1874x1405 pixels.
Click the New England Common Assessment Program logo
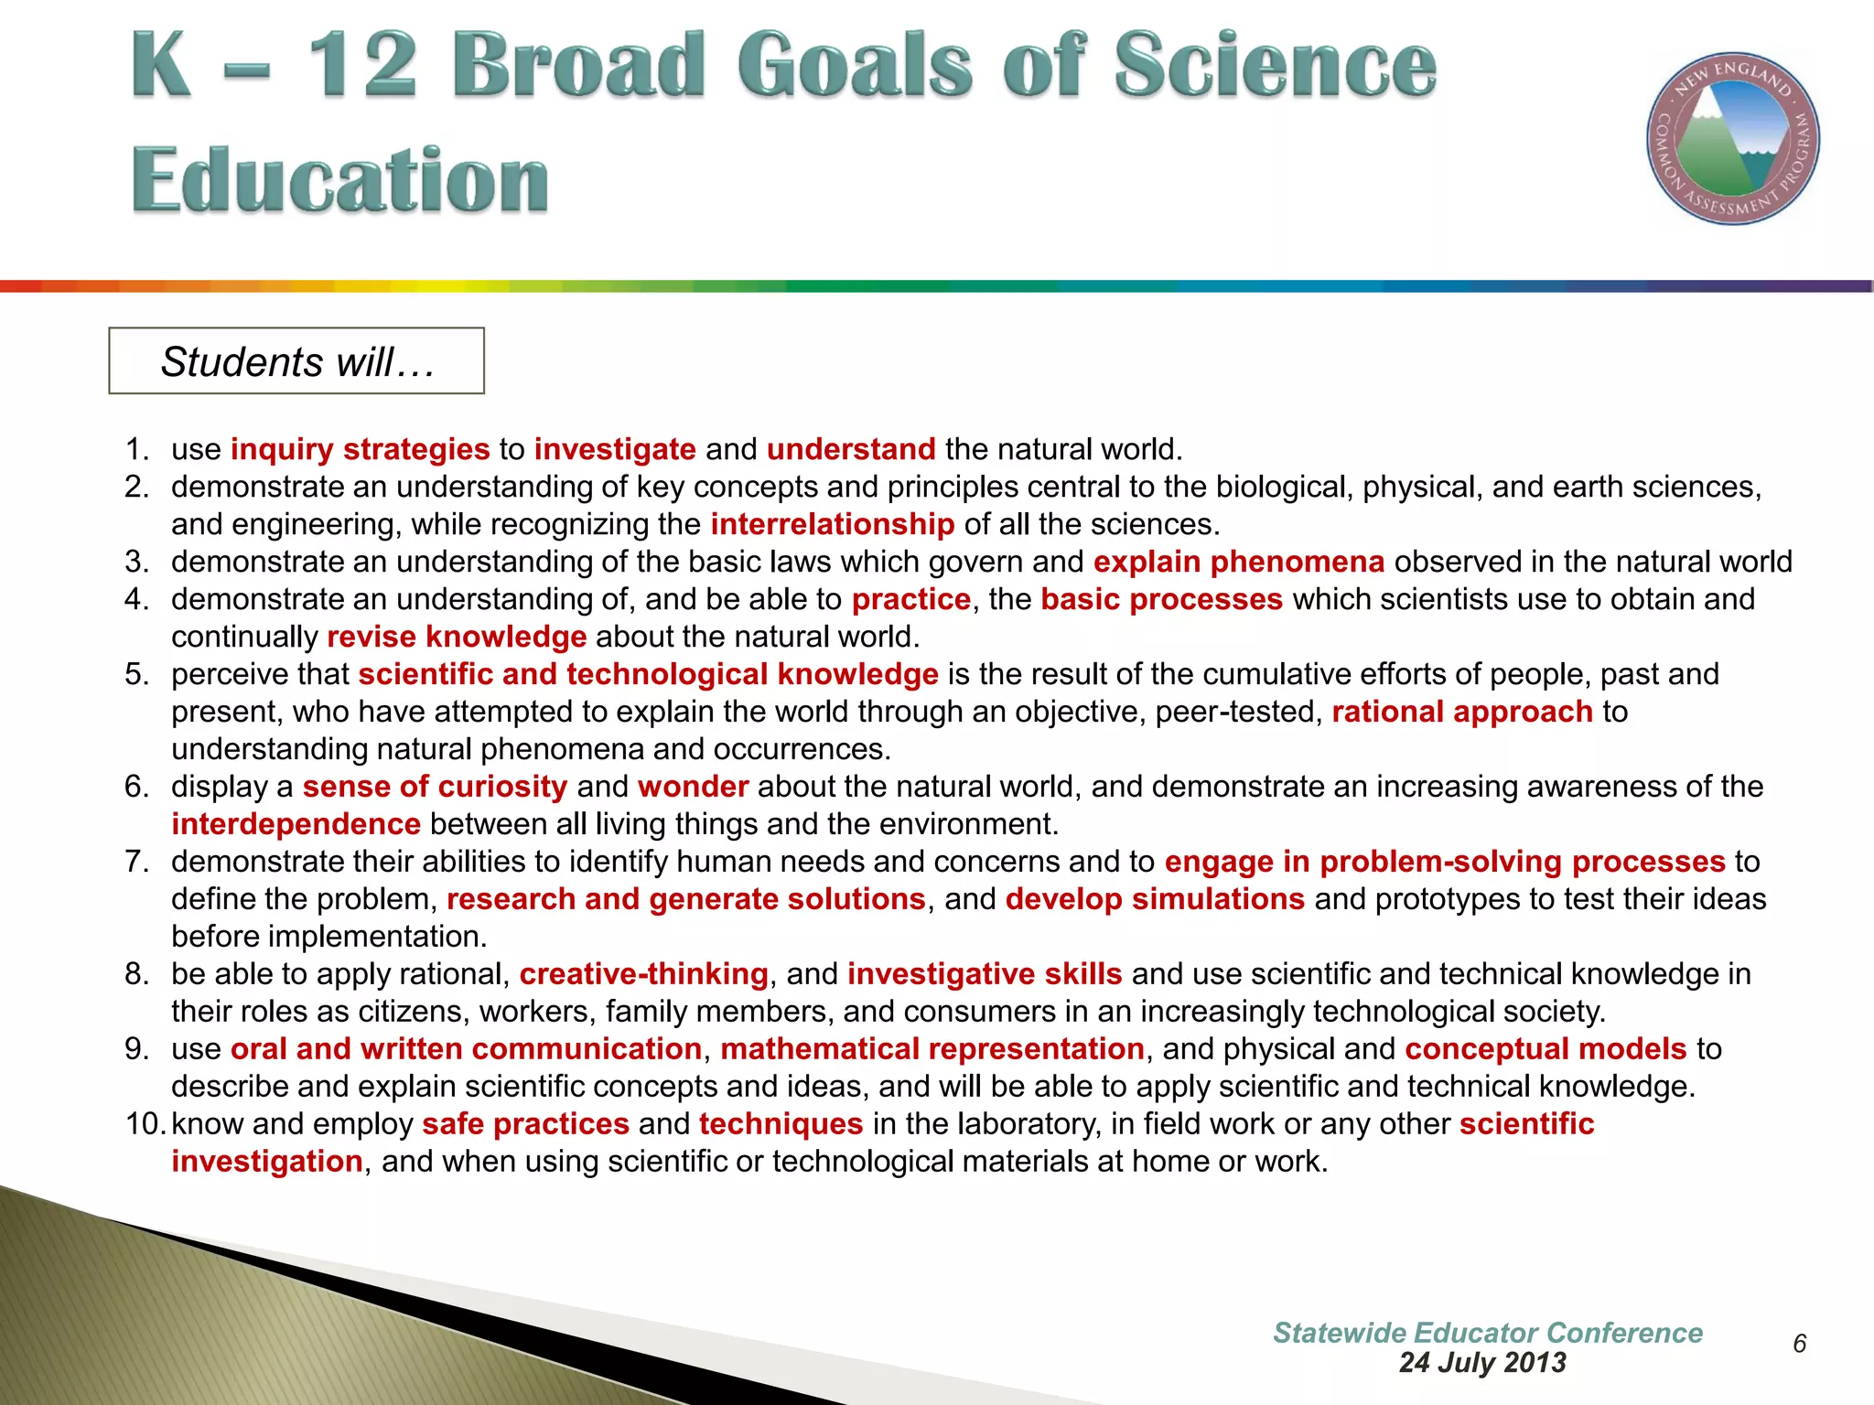click(x=1732, y=138)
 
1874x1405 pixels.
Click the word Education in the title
click(x=339, y=179)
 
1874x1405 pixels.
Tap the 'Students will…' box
click(x=296, y=361)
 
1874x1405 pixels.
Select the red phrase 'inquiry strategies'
click(x=360, y=449)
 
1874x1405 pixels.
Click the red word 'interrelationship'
click(x=832, y=524)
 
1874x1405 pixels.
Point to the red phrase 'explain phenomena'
click(x=1238, y=562)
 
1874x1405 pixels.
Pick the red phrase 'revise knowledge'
click(x=456, y=637)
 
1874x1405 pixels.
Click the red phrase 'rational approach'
click(x=1461, y=712)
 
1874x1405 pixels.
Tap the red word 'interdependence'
click(x=296, y=824)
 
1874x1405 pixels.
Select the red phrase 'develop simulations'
click(x=1154, y=899)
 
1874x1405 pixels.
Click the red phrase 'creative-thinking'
click(x=643, y=974)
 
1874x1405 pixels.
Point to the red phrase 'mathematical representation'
click(x=932, y=1049)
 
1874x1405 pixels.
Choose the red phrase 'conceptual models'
click(x=1545, y=1049)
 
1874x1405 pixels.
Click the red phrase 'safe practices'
click(x=525, y=1124)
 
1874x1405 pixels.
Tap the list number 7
click(x=136, y=862)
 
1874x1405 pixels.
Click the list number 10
click(x=145, y=1124)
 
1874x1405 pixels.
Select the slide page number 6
click(x=1799, y=1344)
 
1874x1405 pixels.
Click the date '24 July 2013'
click(x=1481, y=1363)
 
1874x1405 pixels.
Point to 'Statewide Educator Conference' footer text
click(x=1487, y=1333)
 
